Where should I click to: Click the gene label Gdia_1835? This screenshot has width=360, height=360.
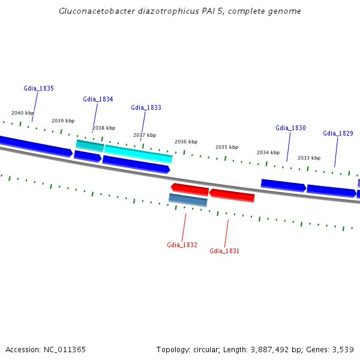pos(39,88)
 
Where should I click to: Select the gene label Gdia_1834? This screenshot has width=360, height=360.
pos(98,99)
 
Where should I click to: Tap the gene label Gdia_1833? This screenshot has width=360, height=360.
pos(146,107)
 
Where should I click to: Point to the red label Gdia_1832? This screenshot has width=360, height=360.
pos(182,245)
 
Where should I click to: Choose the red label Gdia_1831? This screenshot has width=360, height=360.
pos(224,251)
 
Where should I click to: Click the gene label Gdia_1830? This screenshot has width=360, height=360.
pos(290,128)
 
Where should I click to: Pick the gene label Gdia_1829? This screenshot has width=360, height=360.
pos(338,133)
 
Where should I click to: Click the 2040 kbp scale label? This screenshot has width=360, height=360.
pos(23,113)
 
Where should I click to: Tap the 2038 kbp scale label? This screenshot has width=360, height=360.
pos(104,128)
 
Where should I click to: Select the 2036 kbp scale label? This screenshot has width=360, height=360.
pos(186,142)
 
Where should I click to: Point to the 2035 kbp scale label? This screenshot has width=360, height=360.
pos(227,147)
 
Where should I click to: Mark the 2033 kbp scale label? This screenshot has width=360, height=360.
pos(309,158)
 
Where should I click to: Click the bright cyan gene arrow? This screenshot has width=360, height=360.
pos(138,154)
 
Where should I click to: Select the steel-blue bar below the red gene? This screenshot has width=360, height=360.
pos(188,200)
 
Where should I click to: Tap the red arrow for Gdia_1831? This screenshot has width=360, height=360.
pos(232,196)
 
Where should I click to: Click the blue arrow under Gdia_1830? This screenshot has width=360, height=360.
pos(283,185)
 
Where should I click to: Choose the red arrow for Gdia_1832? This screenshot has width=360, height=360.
pos(190,190)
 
